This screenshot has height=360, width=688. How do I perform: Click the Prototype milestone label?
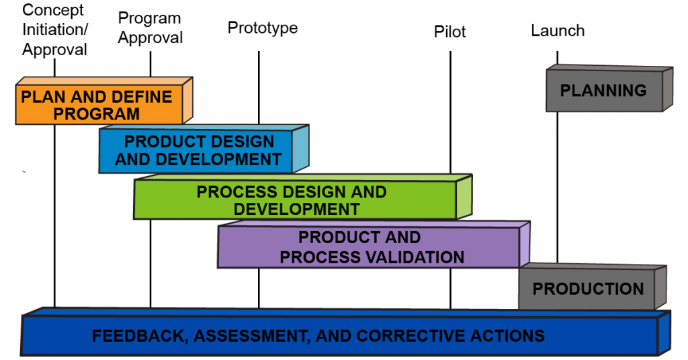262,28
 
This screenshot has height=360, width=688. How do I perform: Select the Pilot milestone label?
449,32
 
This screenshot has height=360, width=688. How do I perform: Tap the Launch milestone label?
557,31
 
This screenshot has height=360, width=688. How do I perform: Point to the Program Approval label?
150,28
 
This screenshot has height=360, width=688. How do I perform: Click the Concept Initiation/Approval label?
54,30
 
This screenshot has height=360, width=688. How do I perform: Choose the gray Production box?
587,289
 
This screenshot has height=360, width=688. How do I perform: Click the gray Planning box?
603,90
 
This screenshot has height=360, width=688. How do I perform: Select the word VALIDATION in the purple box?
416,257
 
